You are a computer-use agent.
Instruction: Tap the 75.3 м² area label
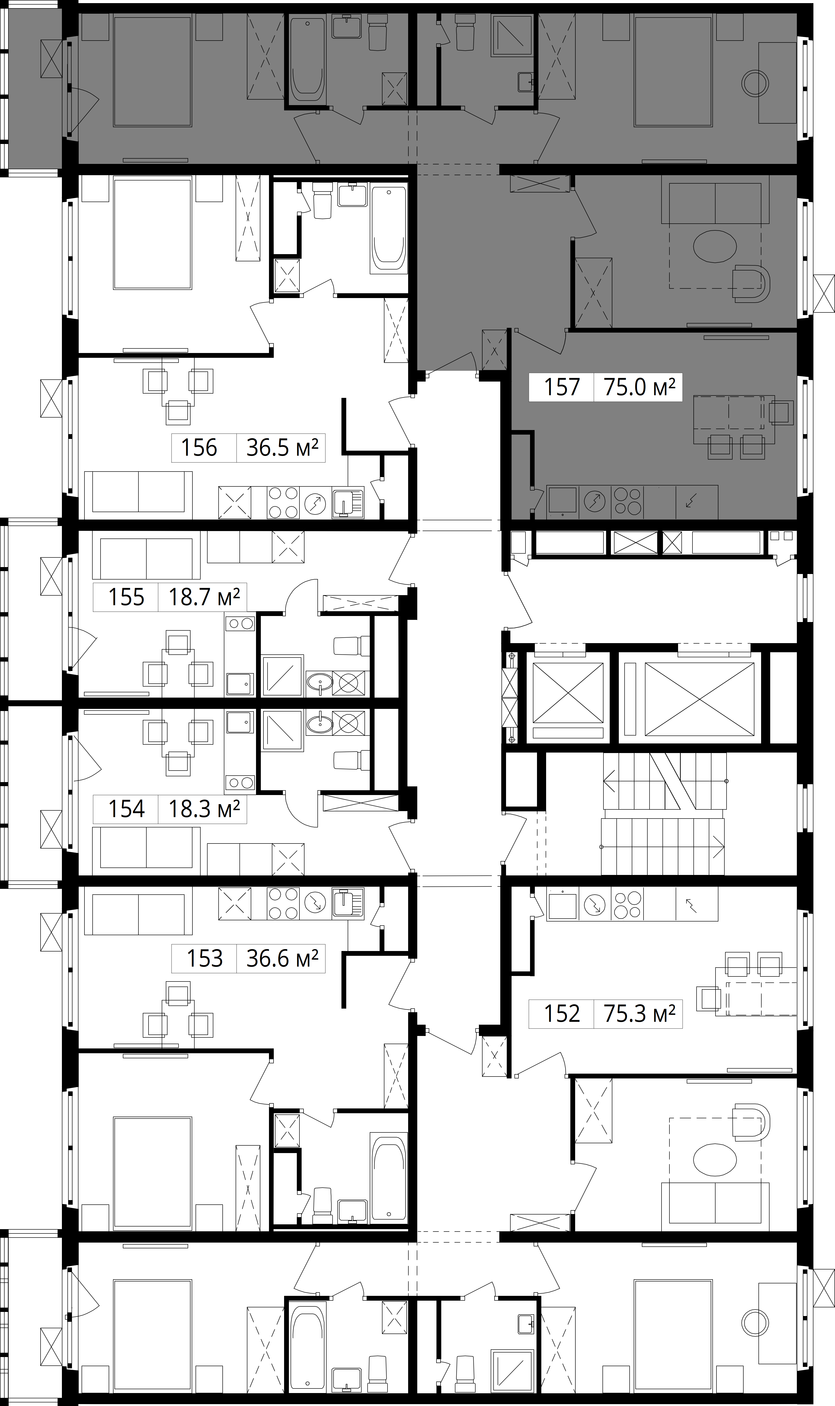pos(639,1014)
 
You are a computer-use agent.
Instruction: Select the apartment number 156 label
pos(199,448)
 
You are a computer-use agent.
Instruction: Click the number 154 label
pos(126,809)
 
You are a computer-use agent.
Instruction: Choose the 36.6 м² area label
pos(282,958)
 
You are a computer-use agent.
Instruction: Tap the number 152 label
pos(561,1014)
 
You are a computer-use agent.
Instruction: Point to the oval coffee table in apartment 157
pos(715,246)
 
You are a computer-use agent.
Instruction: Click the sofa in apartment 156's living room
pos(138,495)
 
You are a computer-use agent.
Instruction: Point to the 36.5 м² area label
pos(282,448)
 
